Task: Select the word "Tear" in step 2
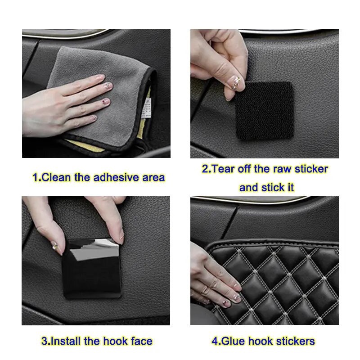(x=223, y=169)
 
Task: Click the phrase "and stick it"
(x=266, y=187)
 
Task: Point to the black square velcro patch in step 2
(x=265, y=110)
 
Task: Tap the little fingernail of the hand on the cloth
(x=93, y=118)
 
